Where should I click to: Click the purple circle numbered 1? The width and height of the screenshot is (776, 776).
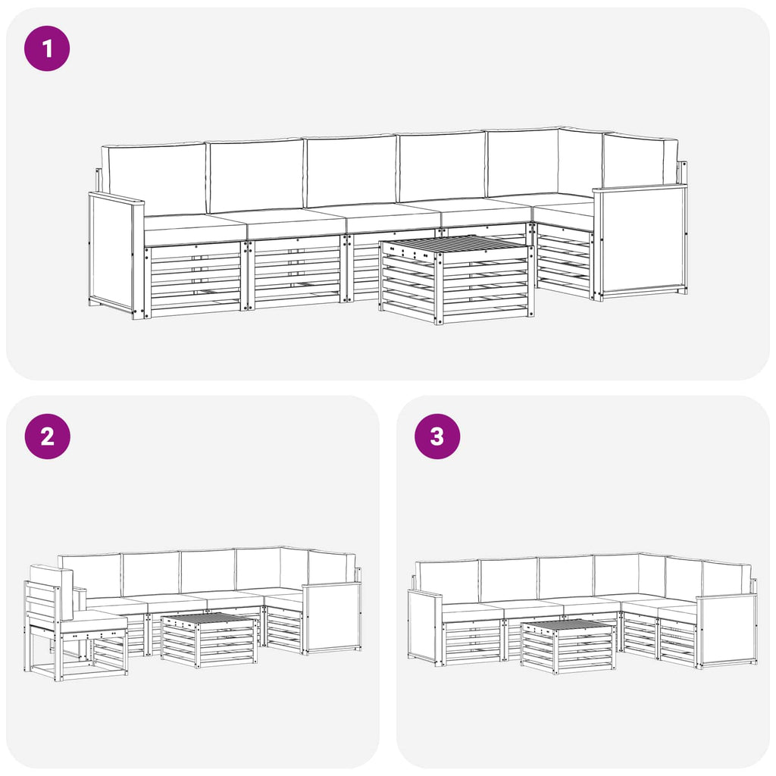[x=47, y=48]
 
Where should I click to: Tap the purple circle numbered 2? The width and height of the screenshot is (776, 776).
[x=48, y=436]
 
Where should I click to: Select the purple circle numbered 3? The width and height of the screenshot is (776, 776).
[x=437, y=436]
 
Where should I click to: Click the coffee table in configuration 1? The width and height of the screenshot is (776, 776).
[x=457, y=279]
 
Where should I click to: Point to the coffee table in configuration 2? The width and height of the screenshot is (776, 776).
[x=209, y=640]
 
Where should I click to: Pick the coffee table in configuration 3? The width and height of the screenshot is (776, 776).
[x=568, y=646]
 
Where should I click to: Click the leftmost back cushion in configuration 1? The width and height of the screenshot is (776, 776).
[x=154, y=179]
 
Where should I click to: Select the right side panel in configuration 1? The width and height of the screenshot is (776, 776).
[x=640, y=242]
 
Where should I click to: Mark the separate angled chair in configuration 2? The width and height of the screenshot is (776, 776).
[x=75, y=623]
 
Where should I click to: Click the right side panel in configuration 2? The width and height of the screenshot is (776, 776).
[x=333, y=617]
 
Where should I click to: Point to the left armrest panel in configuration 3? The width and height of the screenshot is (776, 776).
[x=424, y=627]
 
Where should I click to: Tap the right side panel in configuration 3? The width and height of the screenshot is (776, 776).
[x=727, y=631]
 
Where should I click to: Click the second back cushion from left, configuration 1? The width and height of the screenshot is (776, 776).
[x=255, y=176]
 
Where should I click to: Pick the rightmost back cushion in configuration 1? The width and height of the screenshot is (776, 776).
[x=640, y=161]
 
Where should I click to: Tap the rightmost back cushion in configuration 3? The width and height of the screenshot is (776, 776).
[x=727, y=579]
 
